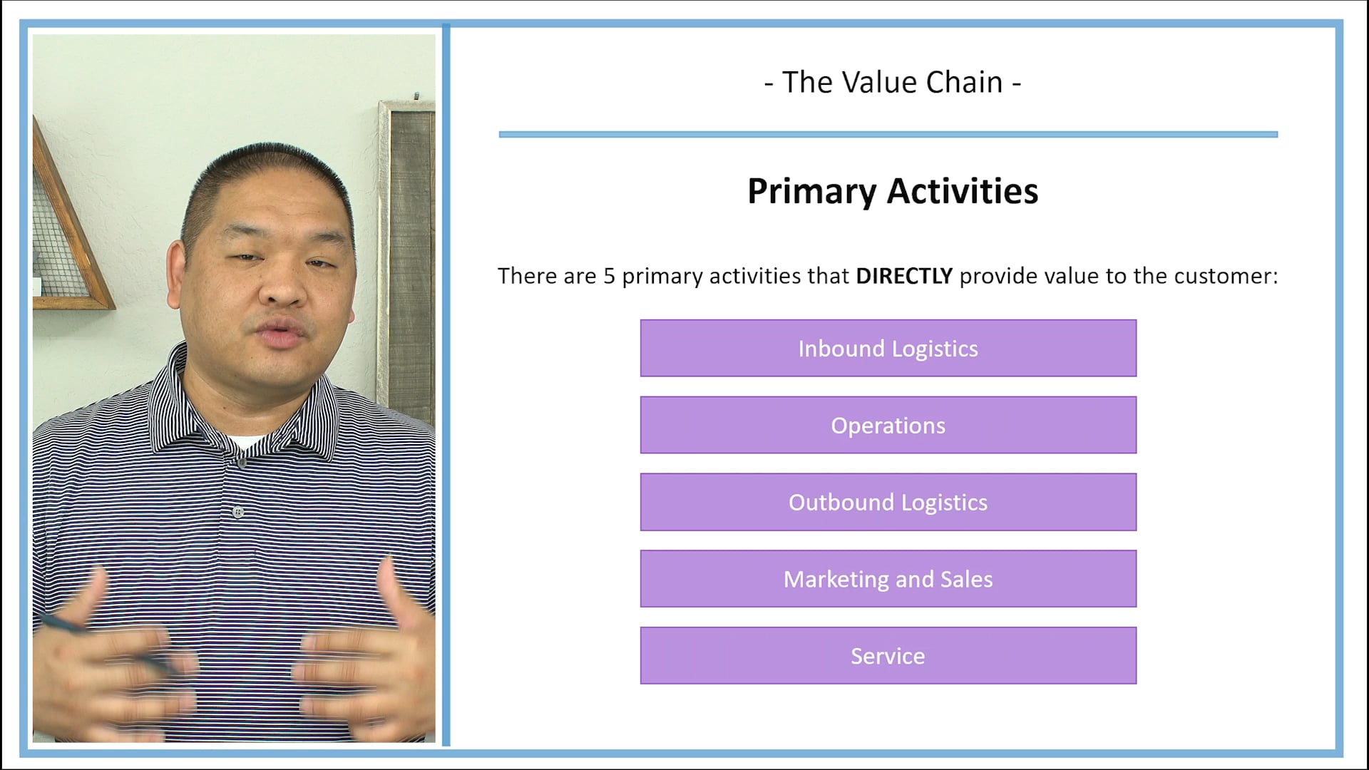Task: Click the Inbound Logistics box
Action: tap(888, 348)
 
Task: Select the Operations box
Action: tap(888, 425)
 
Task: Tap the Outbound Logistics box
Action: tap(888, 502)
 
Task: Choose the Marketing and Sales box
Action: tap(888, 579)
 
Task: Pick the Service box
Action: tap(888, 656)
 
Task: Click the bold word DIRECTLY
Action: tap(903, 276)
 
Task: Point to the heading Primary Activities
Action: tap(893, 191)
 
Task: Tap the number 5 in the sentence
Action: tap(609, 276)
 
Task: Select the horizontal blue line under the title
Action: tap(888, 134)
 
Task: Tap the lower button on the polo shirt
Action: tap(238, 512)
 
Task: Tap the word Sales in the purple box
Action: tap(966, 579)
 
